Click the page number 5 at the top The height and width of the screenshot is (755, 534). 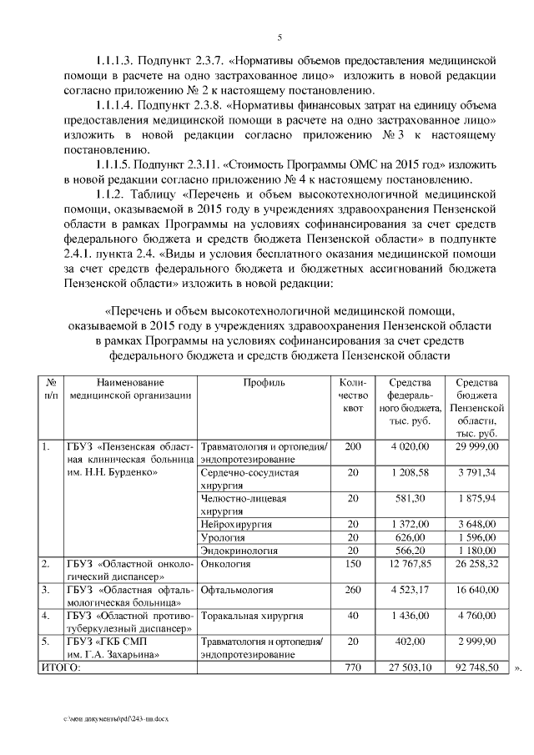pos(280,36)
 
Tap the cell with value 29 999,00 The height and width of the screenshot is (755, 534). pos(476,447)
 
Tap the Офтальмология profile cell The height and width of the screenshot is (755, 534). pos(238,590)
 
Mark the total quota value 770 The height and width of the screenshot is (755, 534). pos(353,668)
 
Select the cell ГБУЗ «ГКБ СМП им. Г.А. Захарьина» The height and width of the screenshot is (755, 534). pos(118,648)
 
